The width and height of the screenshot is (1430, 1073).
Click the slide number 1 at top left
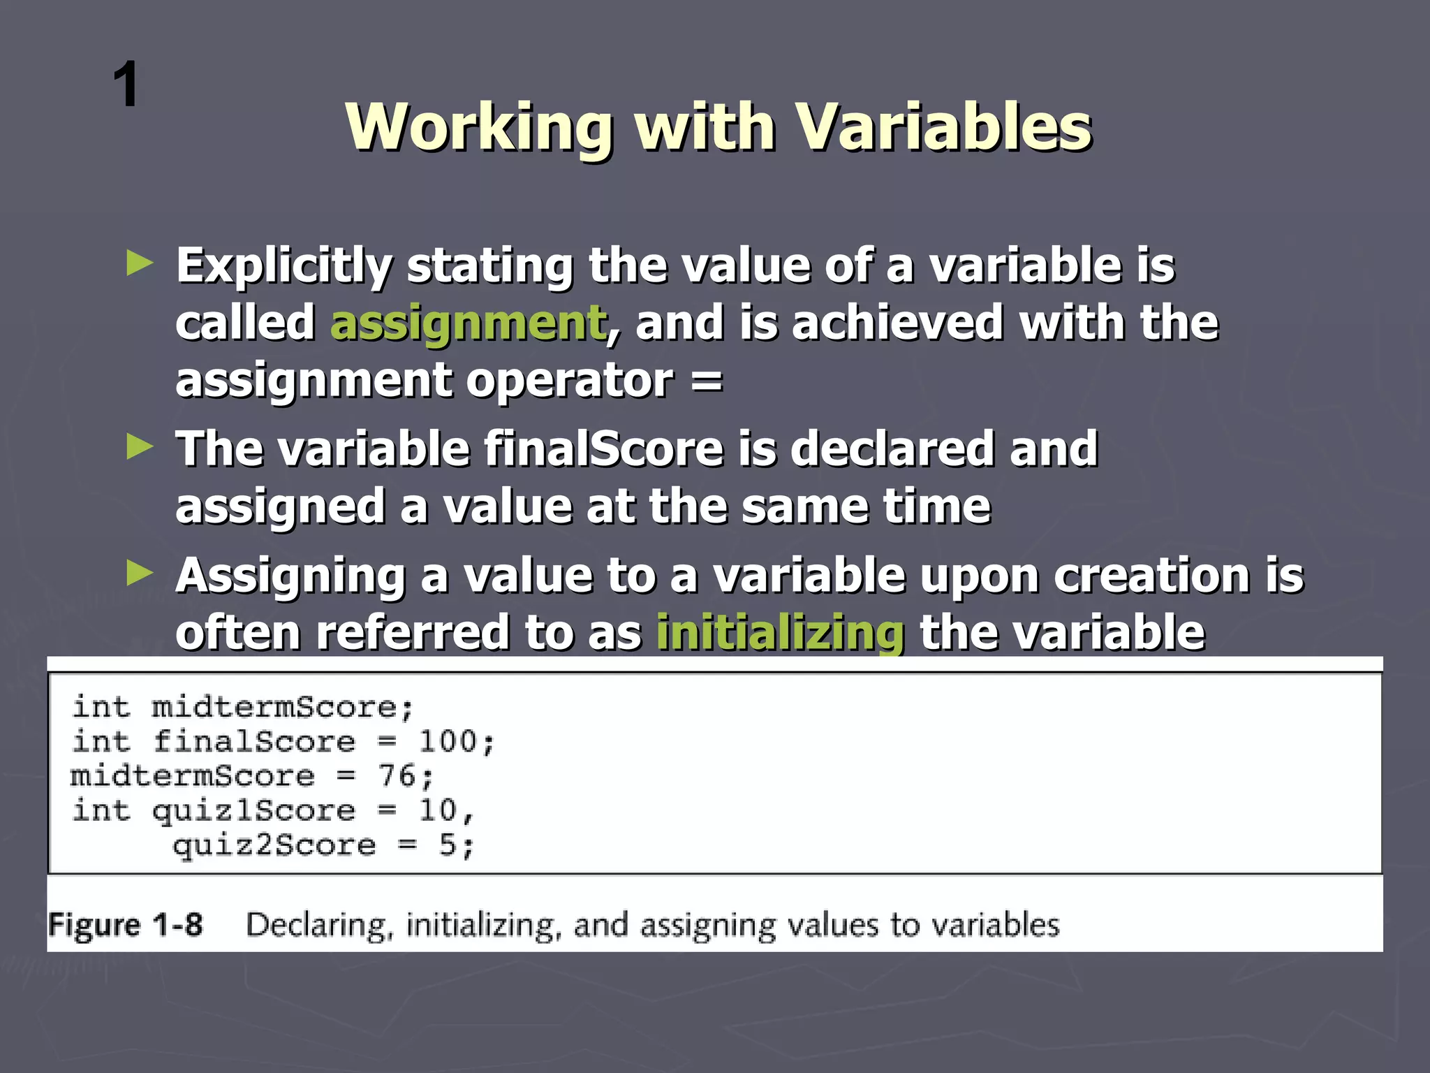(126, 85)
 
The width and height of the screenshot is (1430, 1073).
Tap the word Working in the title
(480, 127)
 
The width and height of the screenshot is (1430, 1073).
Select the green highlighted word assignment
(468, 324)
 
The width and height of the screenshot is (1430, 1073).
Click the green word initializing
(780, 633)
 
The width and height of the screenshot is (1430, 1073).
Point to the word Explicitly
(284, 267)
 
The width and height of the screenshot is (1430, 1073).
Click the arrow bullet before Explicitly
(140, 264)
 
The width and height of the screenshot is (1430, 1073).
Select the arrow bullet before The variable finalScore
(140, 447)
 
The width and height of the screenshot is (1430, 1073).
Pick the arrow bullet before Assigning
(140, 574)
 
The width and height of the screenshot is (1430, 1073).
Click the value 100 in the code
(448, 741)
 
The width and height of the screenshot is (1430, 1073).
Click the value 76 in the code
(397, 776)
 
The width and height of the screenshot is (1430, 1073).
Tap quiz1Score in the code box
(253, 810)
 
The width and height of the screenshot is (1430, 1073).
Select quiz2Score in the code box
(274, 845)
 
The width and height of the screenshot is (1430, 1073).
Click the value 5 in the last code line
(448, 845)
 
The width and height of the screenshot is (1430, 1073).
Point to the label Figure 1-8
(126, 925)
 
